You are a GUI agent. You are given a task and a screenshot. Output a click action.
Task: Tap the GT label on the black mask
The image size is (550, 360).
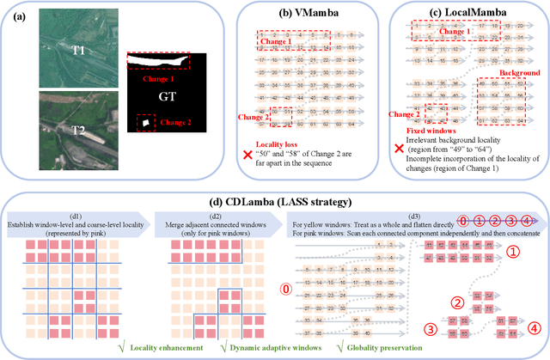coord(167,97)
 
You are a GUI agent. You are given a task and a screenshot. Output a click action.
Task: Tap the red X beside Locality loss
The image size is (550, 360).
coord(247,152)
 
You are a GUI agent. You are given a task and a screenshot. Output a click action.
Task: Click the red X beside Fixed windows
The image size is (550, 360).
coord(396,148)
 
